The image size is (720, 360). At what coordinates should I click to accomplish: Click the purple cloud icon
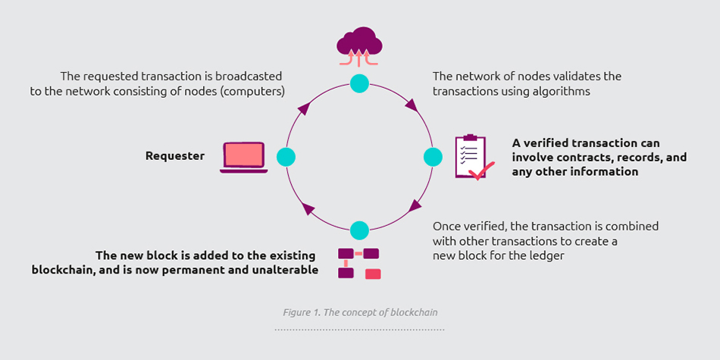click(x=358, y=42)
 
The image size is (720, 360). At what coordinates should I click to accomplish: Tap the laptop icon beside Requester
click(x=244, y=157)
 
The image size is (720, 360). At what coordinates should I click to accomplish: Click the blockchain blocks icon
click(x=358, y=262)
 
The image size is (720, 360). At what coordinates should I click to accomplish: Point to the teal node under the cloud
click(x=359, y=83)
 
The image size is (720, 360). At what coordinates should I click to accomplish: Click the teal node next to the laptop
click(x=286, y=157)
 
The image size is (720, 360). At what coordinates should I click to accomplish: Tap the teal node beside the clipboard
click(x=432, y=157)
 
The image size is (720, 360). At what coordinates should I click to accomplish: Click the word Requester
click(x=175, y=156)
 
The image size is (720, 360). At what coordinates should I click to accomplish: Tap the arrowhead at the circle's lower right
click(x=415, y=205)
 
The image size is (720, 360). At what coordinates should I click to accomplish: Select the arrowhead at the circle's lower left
click(x=307, y=208)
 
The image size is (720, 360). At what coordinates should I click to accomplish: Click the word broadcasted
click(x=249, y=77)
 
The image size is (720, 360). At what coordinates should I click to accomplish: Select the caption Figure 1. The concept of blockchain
click(x=360, y=312)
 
